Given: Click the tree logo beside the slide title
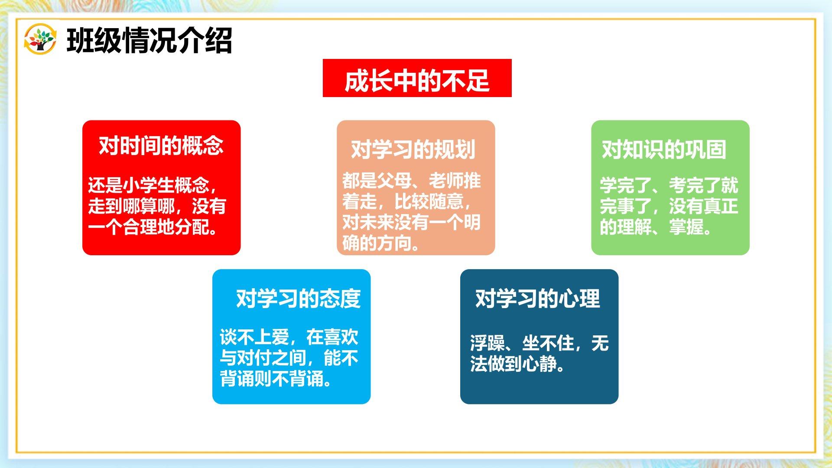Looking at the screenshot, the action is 40,39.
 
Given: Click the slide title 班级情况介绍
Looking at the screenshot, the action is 149,41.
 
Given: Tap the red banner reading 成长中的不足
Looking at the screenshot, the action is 417,78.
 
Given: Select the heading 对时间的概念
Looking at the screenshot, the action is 161,146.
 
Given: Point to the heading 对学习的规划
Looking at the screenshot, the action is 413,149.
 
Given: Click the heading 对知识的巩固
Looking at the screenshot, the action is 664,149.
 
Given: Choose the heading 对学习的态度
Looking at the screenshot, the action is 298,299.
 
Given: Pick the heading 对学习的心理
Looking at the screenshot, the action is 538,299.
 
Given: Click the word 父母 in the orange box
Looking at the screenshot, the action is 394,180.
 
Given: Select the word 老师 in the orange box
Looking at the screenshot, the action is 446,180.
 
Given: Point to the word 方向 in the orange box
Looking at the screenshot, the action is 394,243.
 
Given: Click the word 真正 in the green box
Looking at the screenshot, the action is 721,206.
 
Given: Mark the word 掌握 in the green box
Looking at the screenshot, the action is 686,227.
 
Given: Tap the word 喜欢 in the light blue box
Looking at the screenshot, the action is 341,337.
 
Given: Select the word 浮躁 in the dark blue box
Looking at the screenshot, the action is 487,343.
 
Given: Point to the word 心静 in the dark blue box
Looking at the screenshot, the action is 539,364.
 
